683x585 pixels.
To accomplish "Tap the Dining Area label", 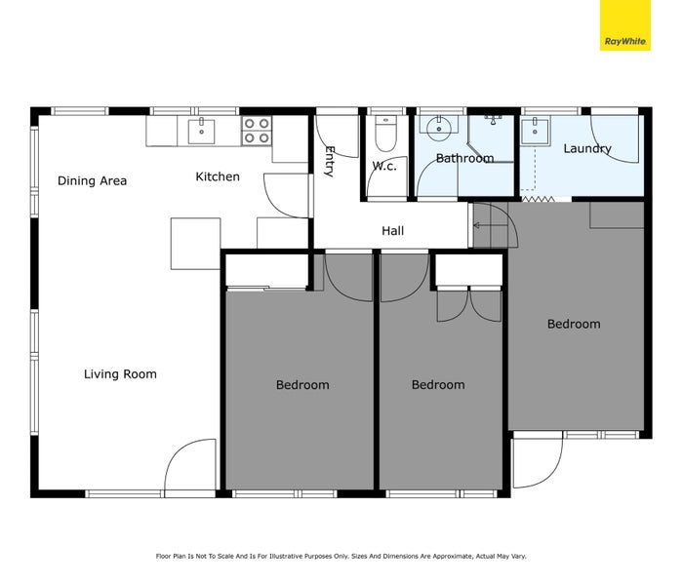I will pos(92,180).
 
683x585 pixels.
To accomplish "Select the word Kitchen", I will pos(218,176).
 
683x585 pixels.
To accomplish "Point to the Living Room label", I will pos(120,373).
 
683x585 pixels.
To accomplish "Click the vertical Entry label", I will pos(330,161).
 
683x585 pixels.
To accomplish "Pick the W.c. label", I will pos(383,166).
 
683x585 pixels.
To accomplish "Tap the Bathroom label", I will pos(464,158).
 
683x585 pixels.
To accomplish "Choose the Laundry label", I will pos(587,149).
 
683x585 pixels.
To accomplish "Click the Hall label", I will pos(392,231).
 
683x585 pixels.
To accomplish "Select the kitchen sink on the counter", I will pos(202,130).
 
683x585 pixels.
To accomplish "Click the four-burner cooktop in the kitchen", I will pos(257,131).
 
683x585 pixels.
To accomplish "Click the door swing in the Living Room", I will pos(190,468).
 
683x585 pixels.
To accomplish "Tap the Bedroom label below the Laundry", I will pos(573,324).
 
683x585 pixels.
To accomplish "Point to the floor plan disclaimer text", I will pos(341,556).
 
